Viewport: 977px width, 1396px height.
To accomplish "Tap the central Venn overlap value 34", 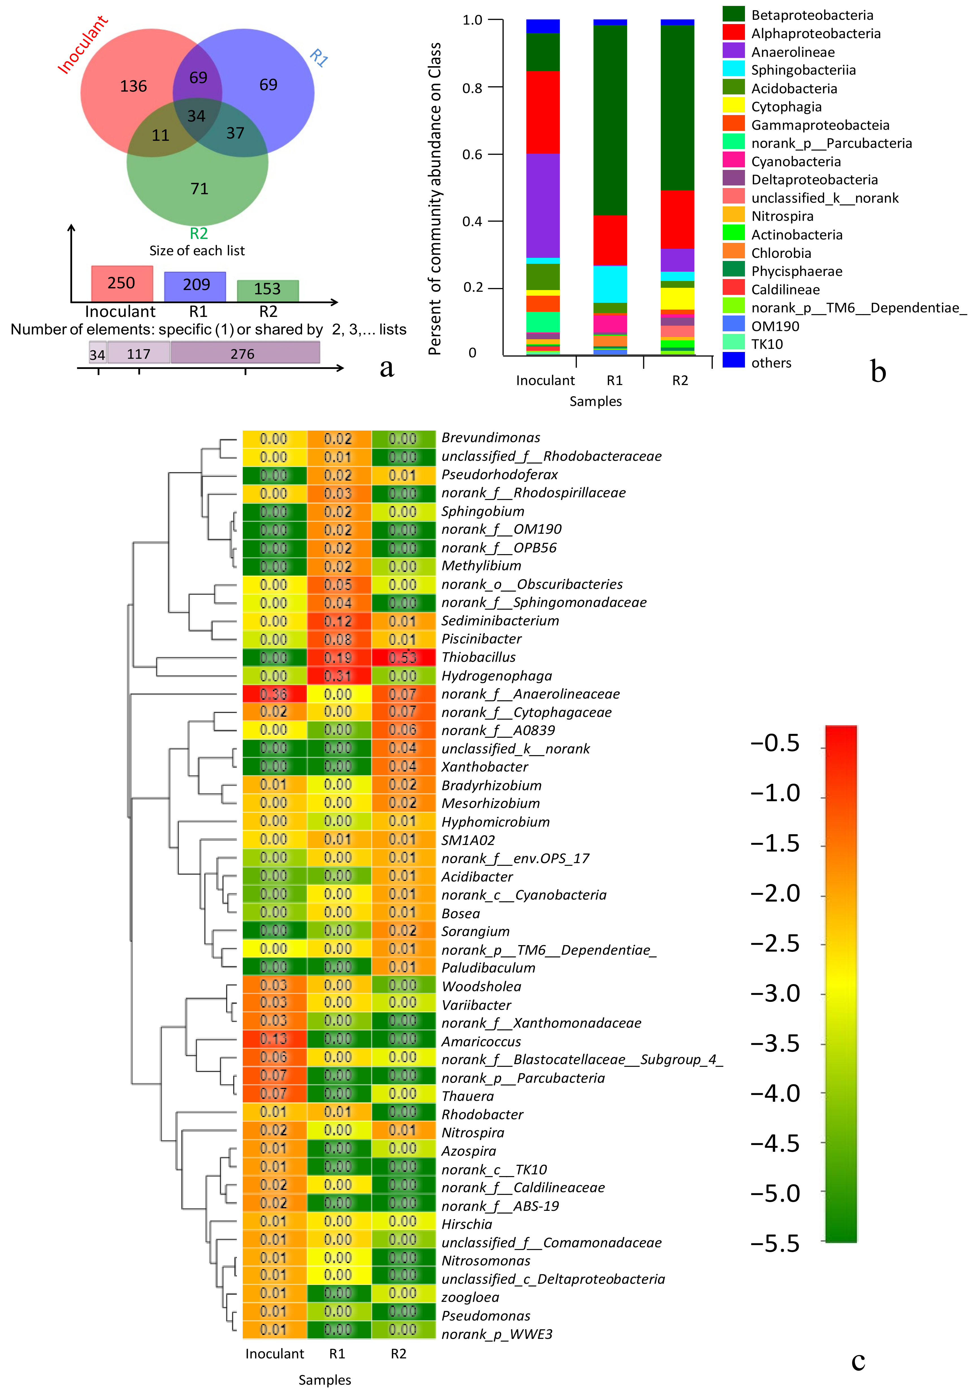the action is pos(196,116).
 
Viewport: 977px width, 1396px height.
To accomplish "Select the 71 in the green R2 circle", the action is pos(200,189).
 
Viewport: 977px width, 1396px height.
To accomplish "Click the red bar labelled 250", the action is pos(122,283).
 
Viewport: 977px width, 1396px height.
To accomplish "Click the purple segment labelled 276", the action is pos(245,353).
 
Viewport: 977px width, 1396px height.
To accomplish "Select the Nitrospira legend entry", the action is pos(782,216).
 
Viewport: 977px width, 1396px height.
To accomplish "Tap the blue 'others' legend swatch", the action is pos(733,360).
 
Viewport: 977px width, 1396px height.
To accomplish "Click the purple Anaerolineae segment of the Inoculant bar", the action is pos(543,206).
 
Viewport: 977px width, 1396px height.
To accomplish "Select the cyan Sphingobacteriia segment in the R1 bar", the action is pos(610,284).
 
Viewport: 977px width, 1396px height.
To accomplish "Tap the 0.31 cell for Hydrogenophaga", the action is pos(338,675).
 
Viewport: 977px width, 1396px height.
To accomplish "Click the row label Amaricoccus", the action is pos(481,1041).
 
